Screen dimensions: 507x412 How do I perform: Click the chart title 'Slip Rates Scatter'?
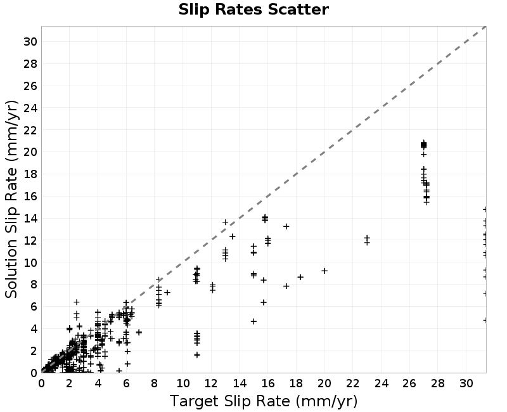click(253, 10)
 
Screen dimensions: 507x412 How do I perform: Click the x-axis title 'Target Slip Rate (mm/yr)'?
click(264, 401)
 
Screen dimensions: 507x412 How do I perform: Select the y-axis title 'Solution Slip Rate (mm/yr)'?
click(11, 199)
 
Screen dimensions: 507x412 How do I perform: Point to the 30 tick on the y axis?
click(30, 41)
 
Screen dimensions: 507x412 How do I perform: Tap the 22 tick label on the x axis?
click(353, 383)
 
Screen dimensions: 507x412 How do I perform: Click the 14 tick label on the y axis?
click(30, 218)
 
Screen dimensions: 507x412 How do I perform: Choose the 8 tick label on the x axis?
click(154, 383)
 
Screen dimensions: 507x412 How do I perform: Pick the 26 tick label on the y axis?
click(30, 86)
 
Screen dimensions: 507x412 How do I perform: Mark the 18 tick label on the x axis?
click(296, 383)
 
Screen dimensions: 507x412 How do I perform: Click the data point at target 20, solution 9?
click(324, 271)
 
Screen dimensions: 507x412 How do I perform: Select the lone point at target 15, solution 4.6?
click(253, 321)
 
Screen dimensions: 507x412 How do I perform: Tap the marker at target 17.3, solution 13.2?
click(286, 226)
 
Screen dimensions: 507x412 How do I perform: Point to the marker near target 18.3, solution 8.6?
click(300, 277)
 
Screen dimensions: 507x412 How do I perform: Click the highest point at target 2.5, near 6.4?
click(77, 302)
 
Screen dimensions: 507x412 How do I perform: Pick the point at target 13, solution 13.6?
click(226, 222)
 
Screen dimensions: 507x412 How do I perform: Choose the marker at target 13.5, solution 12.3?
click(232, 236)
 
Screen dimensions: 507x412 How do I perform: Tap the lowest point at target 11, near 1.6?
click(197, 355)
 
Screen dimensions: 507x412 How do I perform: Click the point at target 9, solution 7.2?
click(167, 293)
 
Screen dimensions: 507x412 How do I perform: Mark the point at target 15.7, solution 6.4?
click(264, 302)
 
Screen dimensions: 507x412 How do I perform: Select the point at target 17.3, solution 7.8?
click(286, 286)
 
